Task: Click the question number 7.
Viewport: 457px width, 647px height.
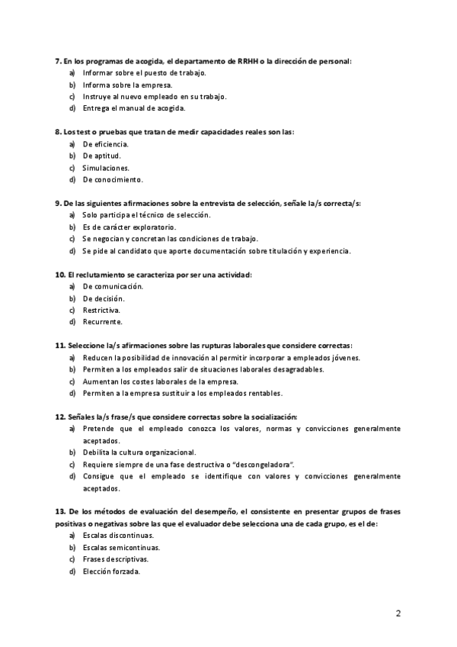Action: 58,60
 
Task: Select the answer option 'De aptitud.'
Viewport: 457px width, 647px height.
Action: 101,156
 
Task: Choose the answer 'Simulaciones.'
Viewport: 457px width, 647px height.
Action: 106,168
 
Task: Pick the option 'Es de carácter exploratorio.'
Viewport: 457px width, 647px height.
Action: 129,227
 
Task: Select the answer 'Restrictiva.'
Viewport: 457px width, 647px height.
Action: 101,311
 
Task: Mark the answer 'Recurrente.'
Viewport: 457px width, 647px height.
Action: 102,323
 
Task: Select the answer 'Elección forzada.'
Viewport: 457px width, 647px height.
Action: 111,571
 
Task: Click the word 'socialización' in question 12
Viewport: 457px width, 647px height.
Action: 270,417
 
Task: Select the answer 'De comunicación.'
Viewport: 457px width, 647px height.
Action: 113,287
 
